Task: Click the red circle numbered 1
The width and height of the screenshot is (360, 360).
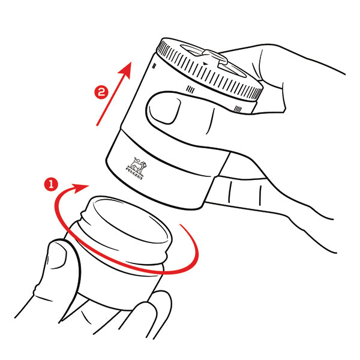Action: point(51,184)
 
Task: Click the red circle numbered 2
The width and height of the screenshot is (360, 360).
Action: point(101,92)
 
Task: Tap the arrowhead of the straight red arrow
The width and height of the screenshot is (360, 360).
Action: point(126,70)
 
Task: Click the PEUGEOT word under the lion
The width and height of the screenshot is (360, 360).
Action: point(134,173)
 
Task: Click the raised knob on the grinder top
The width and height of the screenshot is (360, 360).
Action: point(215,57)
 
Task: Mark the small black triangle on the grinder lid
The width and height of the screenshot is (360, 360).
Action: point(205,64)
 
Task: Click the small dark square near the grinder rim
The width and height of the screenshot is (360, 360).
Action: point(154,67)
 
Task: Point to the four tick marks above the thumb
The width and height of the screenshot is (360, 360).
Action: point(190,89)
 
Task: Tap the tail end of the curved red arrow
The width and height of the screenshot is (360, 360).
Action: point(181,225)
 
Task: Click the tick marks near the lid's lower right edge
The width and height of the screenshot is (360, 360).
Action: point(238,109)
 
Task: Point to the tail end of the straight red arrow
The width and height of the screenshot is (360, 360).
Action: point(97,125)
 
